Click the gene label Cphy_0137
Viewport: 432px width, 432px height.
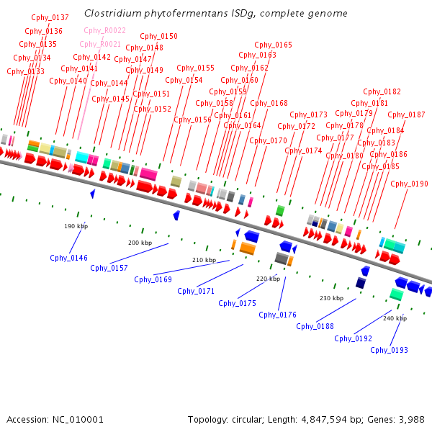coord(50,17)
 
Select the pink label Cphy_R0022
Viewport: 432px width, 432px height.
coord(104,30)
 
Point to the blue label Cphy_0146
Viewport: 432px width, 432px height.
coord(68,258)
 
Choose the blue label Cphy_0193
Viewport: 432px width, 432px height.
coord(389,350)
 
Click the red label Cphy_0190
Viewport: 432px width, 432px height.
coord(409,184)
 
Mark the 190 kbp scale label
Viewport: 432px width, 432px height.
coord(76,226)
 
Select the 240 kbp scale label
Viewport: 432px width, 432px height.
coord(395,318)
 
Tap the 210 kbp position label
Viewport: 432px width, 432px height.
coord(204,260)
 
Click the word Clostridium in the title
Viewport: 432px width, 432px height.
coord(109,14)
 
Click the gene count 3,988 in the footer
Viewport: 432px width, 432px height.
coord(410,419)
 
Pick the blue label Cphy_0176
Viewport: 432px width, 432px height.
coord(277,314)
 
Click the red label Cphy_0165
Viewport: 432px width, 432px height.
coord(274,45)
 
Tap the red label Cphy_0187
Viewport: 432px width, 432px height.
coord(407,114)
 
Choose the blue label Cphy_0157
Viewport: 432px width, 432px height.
coord(109,268)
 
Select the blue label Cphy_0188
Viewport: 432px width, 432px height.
coord(315,326)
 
